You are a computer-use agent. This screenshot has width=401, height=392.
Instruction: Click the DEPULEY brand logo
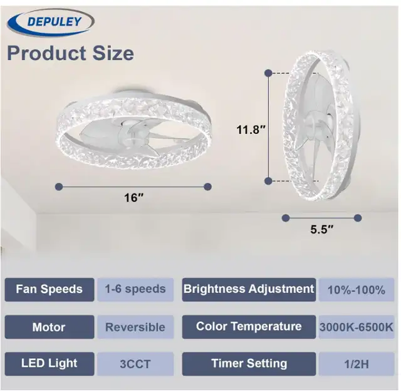tap(51, 22)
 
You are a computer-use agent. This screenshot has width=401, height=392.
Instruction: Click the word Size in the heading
tap(113, 53)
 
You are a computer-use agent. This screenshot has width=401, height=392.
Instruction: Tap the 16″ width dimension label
tap(133, 198)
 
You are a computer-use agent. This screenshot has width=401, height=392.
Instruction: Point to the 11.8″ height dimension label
tap(251, 130)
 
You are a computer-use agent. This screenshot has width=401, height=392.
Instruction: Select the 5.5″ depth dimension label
tap(322, 229)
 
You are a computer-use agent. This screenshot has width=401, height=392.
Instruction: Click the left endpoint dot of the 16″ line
tap(59, 187)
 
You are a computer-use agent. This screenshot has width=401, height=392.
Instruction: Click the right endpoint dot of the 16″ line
tap(207, 187)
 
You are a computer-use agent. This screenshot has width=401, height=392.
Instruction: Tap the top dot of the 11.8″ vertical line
tap(268, 73)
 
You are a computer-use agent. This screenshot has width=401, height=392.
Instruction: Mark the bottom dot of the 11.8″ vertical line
tap(268, 181)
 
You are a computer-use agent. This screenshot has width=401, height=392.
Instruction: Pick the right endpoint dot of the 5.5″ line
tap(358, 218)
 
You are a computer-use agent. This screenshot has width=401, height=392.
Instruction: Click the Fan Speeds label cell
tap(49, 289)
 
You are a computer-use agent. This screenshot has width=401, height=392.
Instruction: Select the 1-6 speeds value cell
tap(135, 289)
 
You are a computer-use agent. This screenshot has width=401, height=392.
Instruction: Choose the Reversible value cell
tap(135, 327)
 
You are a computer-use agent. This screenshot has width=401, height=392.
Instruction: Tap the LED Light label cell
tap(49, 364)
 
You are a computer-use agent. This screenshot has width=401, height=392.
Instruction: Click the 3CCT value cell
tap(135, 364)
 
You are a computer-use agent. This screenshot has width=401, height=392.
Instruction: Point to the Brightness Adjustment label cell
tap(249, 289)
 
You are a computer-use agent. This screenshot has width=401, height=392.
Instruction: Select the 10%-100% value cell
tap(357, 289)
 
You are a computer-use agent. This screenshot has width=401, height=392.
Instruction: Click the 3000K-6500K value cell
tap(357, 327)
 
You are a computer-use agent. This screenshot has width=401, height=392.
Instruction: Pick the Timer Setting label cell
tap(249, 364)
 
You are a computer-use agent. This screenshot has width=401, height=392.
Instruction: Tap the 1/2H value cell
tap(357, 364)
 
